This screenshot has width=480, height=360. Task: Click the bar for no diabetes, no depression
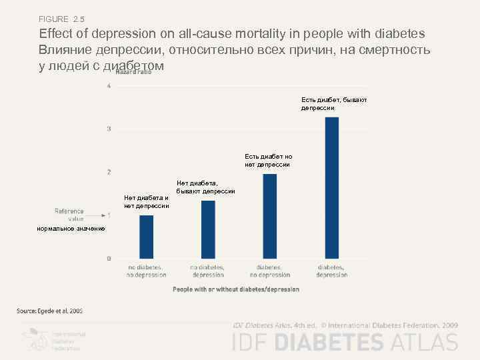[146, 237]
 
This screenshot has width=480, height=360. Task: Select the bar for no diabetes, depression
[208, 229]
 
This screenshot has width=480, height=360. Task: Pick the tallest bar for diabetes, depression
[331, 187]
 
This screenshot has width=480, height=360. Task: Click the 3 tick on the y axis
[109, 129]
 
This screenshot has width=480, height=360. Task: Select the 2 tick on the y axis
[109, 172]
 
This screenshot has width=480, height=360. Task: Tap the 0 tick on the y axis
[109, 258]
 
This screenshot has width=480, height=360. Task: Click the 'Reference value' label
[69, 214]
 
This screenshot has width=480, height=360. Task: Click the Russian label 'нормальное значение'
[71, 229]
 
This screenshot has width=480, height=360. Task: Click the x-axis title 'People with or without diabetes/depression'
[236, 289]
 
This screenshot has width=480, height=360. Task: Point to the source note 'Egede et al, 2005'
[50, 310]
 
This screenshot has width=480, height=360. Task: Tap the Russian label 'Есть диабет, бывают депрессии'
[333, 103]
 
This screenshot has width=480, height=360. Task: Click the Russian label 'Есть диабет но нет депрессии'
[268, 160]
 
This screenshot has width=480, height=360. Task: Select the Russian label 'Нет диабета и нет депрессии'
[146, 201]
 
